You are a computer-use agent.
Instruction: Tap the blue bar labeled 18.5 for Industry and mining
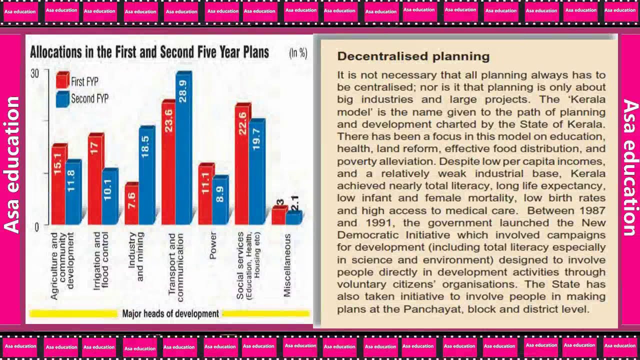[x=146, y=175]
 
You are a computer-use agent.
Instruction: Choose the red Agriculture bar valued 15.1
[x=58, y=184]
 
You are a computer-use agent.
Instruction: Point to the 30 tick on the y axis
[x=34, y=73]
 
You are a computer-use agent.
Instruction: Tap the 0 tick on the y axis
[x=36, y=226]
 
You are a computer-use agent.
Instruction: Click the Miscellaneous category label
[x=287, y=265]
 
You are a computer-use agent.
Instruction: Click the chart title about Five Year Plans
[x=149, y=52]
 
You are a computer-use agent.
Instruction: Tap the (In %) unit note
[x=298, y=53]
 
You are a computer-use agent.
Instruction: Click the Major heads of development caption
[x=170, y=314]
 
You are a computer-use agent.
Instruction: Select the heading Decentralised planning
[x=413, y=56]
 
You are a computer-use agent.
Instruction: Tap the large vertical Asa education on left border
[x=12, y=165]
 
